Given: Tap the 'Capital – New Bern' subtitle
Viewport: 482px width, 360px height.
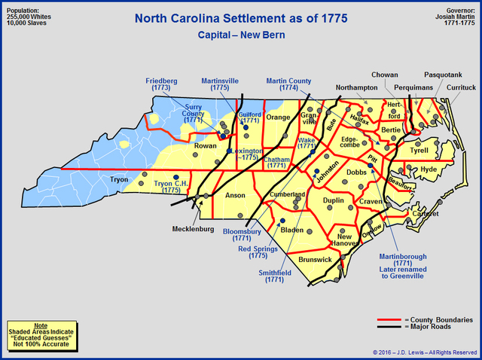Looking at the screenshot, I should click(240, 35).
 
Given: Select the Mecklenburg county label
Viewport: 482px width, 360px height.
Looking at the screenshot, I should click(193, 229).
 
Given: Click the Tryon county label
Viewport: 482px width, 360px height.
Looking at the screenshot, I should click(119, 179).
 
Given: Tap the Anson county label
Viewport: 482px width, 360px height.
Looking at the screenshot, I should click(236, 195).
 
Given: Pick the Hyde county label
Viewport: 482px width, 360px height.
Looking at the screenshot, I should click(429, 169).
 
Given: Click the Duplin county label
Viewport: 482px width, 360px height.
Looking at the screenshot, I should click(332, 201).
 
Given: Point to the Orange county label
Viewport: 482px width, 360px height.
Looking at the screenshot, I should click(278, 117).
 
